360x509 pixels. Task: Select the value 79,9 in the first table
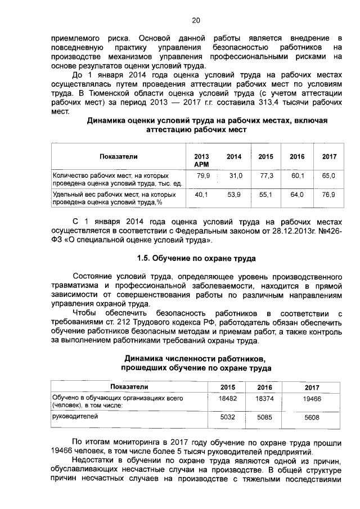point(202,176)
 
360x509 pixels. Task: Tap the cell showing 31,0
point(236,176)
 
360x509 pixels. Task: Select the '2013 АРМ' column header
point(201,160)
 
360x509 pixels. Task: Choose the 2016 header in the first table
point(297,156)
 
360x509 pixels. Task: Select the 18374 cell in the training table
point(264,398)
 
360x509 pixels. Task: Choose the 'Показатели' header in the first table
point(119,156)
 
